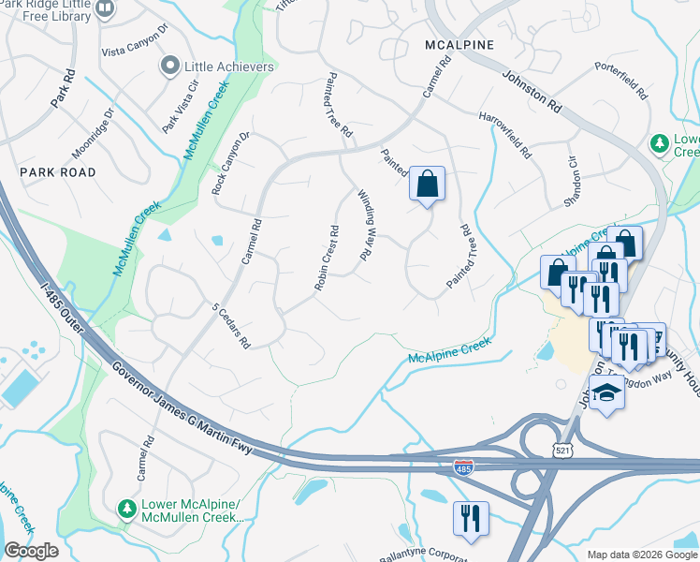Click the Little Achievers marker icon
[169, 67]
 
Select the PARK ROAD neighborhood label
[57, 172]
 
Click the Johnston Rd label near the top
[531, 93]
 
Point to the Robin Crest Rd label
[325, 258]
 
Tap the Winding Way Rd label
[367, 225]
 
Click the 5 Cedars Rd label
[231, 326]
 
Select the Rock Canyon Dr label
[231, 162]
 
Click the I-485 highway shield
[462, 466]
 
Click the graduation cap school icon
[606, 392]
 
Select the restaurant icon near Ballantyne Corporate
[470, 517]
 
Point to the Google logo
[32, 551]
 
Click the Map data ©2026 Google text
[641, 555]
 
